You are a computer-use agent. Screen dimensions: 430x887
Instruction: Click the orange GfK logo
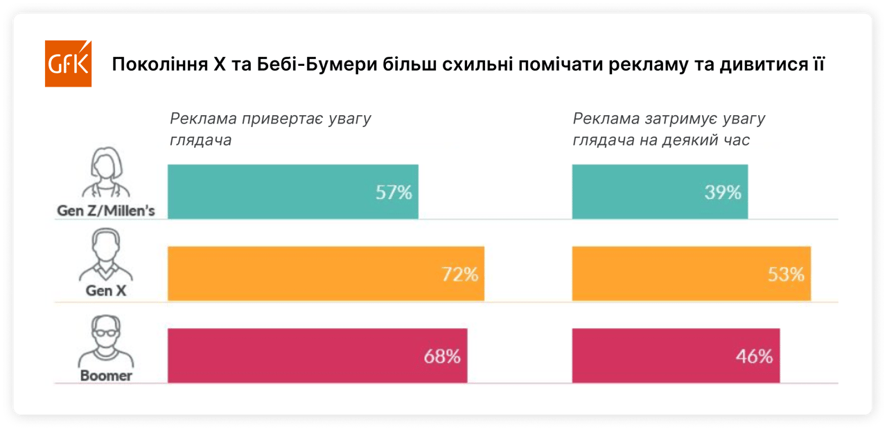(68, 64)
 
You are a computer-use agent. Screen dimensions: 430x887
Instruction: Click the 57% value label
(394, 192)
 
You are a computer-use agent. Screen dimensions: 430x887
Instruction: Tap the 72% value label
(460, 274)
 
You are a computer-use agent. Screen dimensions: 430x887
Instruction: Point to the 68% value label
(442, 356)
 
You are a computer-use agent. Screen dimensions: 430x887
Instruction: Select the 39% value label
(723, 192)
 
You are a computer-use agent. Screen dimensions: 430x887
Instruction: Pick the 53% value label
(786, 274)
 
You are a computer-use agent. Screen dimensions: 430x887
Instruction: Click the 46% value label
(754, 356)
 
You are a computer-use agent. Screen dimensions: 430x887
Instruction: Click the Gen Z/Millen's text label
(105, 211)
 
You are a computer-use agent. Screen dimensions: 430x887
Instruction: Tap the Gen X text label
(105, 291)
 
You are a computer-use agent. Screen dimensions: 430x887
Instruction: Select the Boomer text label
(105, 376)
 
